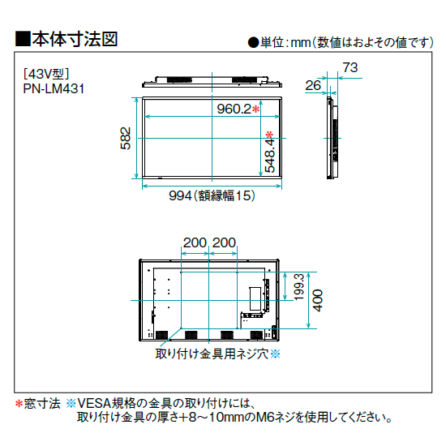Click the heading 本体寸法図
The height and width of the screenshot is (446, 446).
[x=75, y=39]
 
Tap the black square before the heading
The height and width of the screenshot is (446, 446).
[x=23, y=39]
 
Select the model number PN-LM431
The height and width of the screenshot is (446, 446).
[x=54, y=88]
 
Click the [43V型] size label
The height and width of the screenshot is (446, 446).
[x=46, y=74]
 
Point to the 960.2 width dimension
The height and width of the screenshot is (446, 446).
[x=234, y=109]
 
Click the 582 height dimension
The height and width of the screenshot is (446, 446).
[x=126, y=138]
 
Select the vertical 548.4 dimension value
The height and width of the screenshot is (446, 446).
[x=270, y=155]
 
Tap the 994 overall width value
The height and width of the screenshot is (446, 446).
[x=180, y=195]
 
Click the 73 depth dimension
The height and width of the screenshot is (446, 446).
[x=350, y=67]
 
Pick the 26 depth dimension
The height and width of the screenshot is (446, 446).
[x=313, y=85]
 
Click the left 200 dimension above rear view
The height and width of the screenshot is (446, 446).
[x=195, y=242]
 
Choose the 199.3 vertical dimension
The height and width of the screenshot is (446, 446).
[x=299, y=287]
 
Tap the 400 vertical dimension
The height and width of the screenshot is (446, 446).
[x=318, y=300]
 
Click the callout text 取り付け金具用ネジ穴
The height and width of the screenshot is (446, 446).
[x=212, y=354]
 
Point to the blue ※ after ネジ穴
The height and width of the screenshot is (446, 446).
[x=275, y=354]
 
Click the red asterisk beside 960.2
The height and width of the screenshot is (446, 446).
[x=256, y=109]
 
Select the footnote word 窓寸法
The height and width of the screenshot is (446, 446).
[x=42, y=403]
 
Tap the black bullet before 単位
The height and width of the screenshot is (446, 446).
[x=253, y=43]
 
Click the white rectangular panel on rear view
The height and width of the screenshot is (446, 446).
[x=255, y=298]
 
